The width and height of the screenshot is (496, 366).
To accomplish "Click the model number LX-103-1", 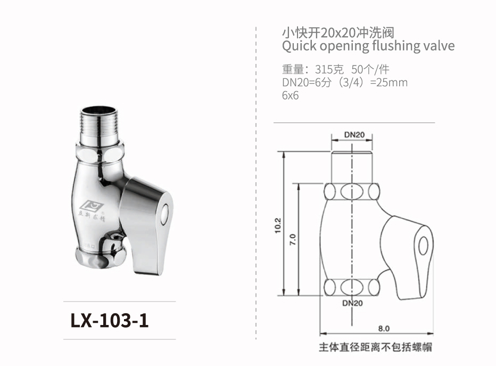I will pyautogui.click(x=110, y=321).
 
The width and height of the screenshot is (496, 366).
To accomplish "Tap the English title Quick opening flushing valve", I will pyautogui.click(x=368, y=46).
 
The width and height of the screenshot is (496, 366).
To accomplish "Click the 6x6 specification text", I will pyautogui.click(x=291, y=96).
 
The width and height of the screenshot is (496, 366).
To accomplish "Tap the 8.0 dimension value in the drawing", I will pyautogui.click(x=384, y=328).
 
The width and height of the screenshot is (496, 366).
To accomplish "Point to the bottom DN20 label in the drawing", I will pyautogui.click(x=352, y=303).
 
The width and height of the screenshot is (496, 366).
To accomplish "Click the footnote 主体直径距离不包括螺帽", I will pyautogui.click(x=375, y=347).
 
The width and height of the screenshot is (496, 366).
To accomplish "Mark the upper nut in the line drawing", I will pyautogui.click(x=352, y=191).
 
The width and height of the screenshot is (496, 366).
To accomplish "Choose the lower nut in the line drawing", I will pyautogui.click(x=352, y=287).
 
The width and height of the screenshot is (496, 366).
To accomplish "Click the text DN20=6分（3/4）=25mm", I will pyautogui.click(x=345, y=83).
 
